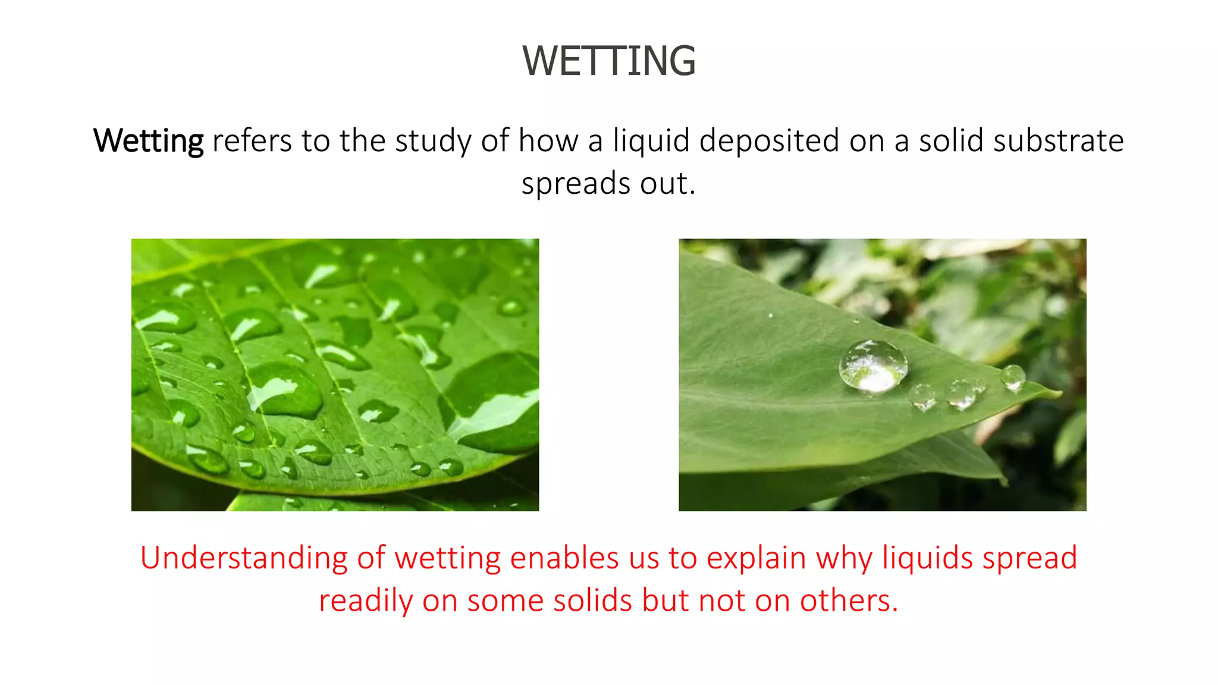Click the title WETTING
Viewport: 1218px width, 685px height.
tap(609, 61)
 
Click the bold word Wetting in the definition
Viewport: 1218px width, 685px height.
tap(149, 142)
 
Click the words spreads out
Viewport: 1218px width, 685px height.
tap(608, 184)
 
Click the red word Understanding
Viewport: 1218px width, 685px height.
tap(244, 558)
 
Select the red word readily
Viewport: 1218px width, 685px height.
tap(366, 601)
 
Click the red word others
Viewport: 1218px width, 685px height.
tap(848, 601)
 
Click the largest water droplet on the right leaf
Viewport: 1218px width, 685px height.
tap(873, 366)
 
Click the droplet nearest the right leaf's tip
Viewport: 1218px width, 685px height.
tap(1013, 378)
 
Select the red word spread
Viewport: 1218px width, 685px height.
tap(1029, 558)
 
